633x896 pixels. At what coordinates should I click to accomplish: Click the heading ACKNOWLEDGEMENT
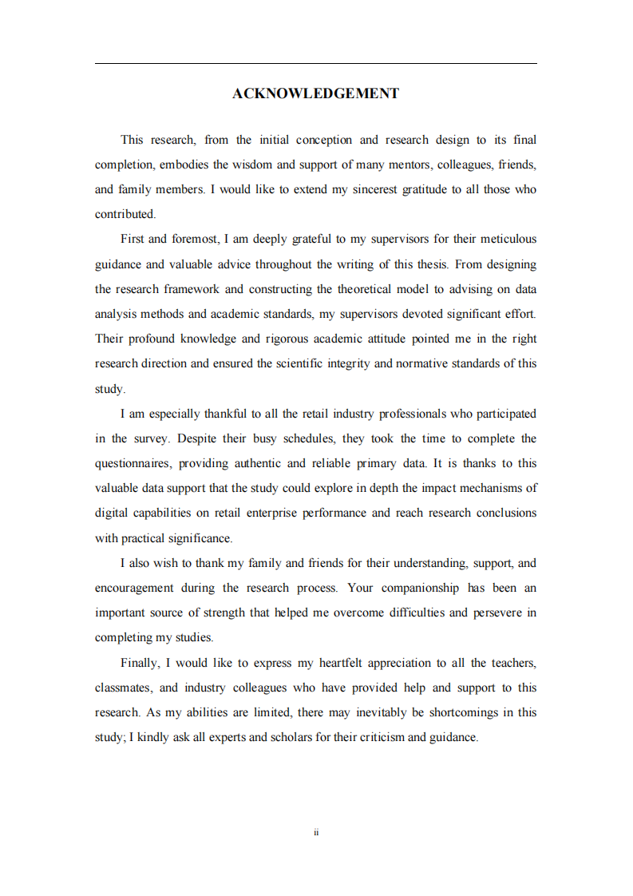pos(315,93)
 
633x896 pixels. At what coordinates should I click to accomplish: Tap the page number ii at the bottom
pos(316,832)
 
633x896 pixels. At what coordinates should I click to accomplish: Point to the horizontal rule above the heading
pos(315,64)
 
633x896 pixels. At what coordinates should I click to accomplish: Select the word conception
pos(323,140)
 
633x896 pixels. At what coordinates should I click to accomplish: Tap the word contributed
pos(125,214)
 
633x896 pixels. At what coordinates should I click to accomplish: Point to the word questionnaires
pos(132,463)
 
